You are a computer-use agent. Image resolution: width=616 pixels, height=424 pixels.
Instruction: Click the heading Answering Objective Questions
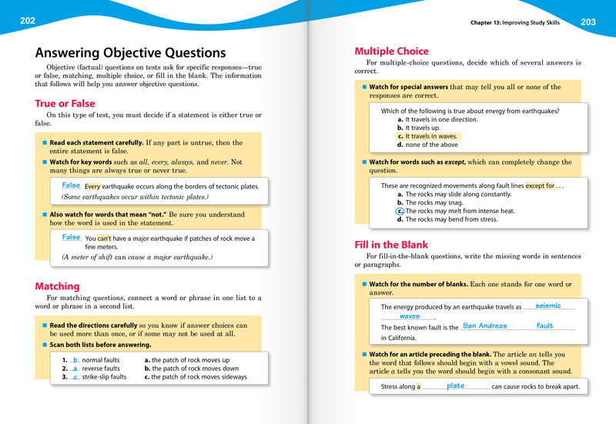[x=130, y=53]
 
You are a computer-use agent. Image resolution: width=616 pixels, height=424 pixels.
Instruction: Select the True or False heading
[x=65, y=103]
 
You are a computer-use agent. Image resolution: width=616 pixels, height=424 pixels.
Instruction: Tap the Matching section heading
[x=57, y=286]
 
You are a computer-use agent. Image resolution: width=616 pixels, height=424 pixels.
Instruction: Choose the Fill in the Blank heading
[x=391, y=245]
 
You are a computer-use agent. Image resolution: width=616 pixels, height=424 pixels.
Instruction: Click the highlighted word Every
[x=92, y=187]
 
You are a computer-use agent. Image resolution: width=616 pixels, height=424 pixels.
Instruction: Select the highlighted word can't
[x=105, y=239]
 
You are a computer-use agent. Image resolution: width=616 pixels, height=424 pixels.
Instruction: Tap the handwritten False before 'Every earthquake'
[x=71, y=185]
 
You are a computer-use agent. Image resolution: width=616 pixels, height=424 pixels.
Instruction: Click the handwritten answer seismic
[x=547, y=305]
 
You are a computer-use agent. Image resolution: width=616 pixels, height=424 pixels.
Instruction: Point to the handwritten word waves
[x=410, y=316]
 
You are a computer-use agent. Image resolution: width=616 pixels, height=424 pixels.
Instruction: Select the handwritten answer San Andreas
[x=484, y=326]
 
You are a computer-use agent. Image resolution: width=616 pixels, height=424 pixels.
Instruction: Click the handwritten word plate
[x=456, y=386]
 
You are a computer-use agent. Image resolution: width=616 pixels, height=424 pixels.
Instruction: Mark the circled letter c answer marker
[x=400, y=211]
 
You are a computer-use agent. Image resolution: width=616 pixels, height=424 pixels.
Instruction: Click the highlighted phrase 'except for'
[x=540, y=186]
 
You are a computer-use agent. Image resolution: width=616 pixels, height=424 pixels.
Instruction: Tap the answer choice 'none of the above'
[x=431, y=145]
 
